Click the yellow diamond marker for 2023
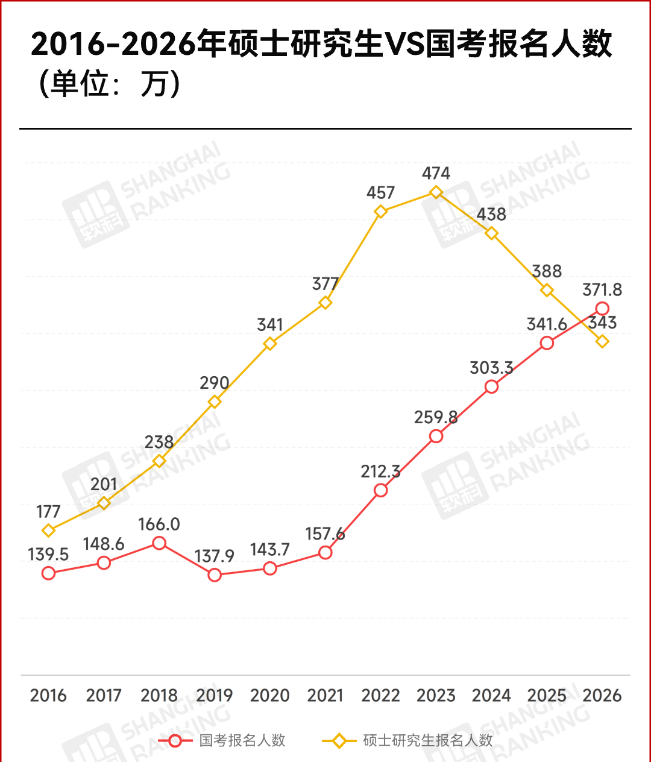pos(436,192)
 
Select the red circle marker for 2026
pos(602,309)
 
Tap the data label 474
pos(436,174)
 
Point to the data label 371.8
pos(602,290)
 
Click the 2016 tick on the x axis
pos(48,696)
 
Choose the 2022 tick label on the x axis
pos(380,696)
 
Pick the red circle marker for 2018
pos(159,543)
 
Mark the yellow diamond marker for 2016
pos(48,531)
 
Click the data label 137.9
pos(215,556)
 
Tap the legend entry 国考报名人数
pos(242,740)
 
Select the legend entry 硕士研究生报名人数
pos(427,740)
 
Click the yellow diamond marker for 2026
pos(602,341)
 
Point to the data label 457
pos(380,193)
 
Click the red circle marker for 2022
pos(380,490)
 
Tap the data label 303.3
pos(491,368)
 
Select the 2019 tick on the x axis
pos(215,696)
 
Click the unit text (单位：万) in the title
pos(108,84)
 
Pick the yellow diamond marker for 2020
pos(270,344)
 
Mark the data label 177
pos(48,512)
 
